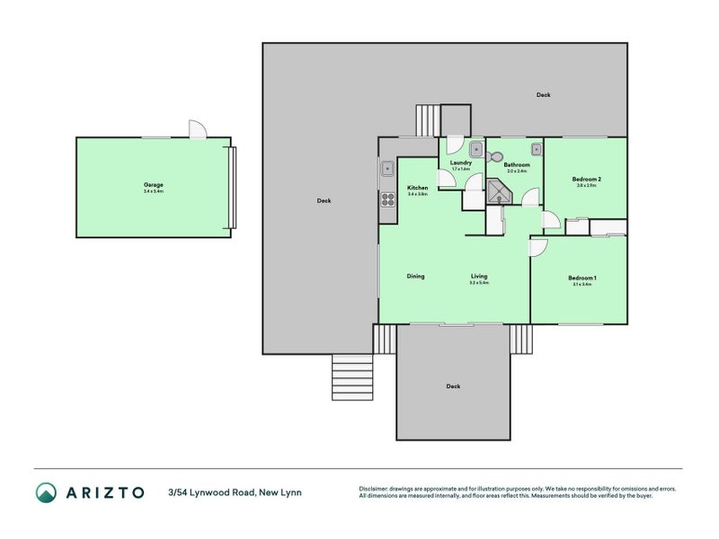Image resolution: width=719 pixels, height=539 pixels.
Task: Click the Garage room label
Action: coord(153,185)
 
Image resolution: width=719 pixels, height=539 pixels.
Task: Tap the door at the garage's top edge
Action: coord(197,130)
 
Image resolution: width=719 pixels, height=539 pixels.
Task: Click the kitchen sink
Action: coord(387,168)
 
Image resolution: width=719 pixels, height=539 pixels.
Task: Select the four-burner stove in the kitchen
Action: coord(388,199)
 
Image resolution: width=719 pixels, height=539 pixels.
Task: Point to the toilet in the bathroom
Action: coord(495,155)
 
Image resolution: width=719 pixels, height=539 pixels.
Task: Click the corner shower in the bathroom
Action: coord(496,190)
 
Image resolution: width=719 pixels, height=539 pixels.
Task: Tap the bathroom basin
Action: coord(536,149)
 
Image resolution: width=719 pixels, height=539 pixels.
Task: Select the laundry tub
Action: coord(477,150)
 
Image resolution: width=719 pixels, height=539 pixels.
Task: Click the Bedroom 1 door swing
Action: coord(538,247)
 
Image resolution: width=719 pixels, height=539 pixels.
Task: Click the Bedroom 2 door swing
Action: coord(549,219)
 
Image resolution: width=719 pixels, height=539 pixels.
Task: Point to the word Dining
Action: coord(415,277)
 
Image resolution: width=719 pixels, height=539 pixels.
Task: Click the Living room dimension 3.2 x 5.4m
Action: coord(478,283)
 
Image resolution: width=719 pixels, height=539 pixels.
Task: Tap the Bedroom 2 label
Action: coord(586,180)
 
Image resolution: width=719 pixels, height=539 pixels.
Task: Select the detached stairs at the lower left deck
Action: coord(351,376)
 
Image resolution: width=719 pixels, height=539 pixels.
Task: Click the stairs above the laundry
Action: coord(428,119)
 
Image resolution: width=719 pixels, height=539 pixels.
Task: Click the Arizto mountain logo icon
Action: coord(46,491)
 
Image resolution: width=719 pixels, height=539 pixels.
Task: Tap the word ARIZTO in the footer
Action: coord(104,491)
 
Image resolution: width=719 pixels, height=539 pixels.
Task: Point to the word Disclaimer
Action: coord(377,489)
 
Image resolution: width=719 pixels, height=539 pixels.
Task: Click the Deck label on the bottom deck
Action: coord(453,386)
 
